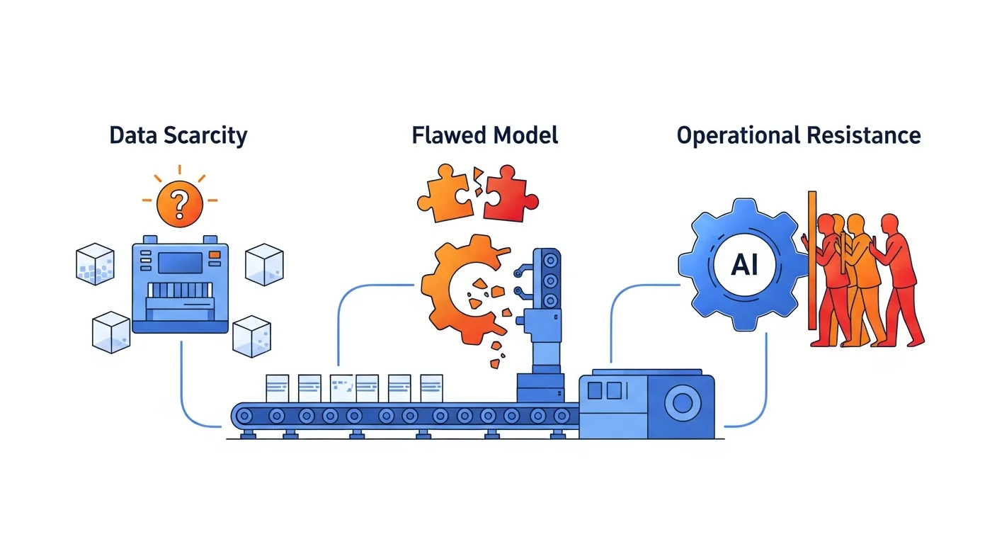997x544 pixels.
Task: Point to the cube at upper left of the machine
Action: click(94, 263)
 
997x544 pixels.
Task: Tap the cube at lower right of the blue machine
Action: click(251, 335)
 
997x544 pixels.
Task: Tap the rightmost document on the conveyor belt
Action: click(431, 389)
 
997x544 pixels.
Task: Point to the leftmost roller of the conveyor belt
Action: click(246, 415)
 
